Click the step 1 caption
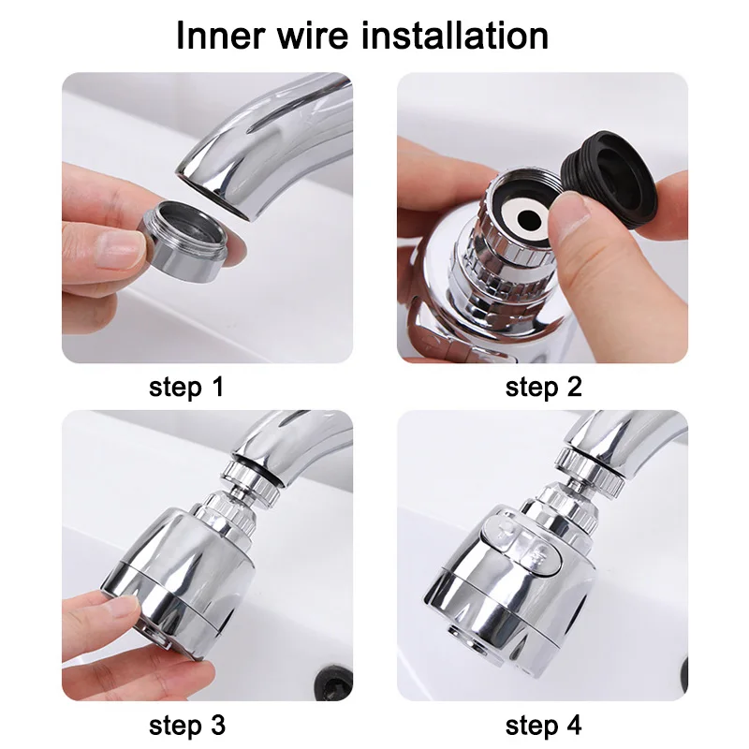(x=186, y=387)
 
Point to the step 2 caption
(x=543, y=387)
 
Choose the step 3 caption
(x=186, y=725)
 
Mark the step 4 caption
(x=543, y=725)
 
